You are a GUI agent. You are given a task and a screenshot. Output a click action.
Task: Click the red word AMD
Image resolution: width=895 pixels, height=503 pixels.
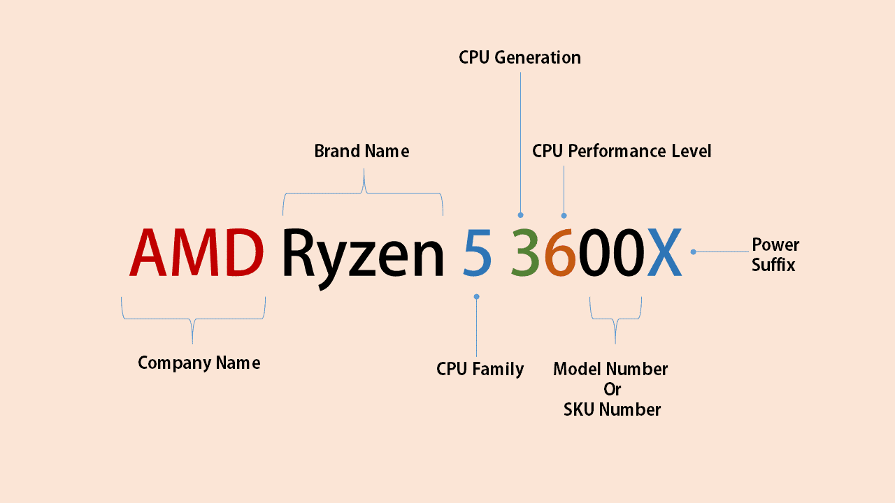(196, 253)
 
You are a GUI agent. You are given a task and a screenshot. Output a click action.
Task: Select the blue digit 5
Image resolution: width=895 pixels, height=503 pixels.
(477, 253)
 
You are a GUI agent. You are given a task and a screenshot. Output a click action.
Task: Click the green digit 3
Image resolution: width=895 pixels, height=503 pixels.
(525, 253)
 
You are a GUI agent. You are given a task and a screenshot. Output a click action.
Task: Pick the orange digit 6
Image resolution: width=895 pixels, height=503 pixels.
(559, 253)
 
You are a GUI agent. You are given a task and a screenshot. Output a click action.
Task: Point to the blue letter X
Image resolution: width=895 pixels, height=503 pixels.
(664, 253)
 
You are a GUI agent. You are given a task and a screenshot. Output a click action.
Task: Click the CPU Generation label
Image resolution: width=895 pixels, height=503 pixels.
(520, 57)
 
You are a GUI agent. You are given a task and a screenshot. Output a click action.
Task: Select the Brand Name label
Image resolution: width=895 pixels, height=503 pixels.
(361, 151)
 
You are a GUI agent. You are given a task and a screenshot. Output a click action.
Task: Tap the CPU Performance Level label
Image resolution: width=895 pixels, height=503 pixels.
(622, 151)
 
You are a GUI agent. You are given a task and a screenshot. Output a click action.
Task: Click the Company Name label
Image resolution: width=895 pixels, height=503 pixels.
(199, 363)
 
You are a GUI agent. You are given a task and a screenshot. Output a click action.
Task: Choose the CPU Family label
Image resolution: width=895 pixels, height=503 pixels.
(480, 369)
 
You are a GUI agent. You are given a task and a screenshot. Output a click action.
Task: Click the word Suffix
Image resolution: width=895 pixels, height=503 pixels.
(773, 265)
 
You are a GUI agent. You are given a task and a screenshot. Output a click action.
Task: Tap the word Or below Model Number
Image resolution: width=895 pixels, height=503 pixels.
(612, 389)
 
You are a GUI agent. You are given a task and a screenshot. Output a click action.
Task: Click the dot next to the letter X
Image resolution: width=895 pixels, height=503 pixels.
(693, 251)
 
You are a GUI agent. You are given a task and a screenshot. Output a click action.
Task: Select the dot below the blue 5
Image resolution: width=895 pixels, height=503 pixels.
(477, 296)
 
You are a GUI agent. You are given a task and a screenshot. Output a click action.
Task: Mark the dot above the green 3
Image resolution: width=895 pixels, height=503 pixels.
(520, 215)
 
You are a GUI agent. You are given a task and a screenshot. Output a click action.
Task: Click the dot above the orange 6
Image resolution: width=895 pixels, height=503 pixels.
(564, 215)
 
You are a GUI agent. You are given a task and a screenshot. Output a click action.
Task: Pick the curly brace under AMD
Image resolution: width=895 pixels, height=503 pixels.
(193, 319)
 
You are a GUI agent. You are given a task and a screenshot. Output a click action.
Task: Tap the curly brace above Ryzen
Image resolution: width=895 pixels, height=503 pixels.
(363, 193)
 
